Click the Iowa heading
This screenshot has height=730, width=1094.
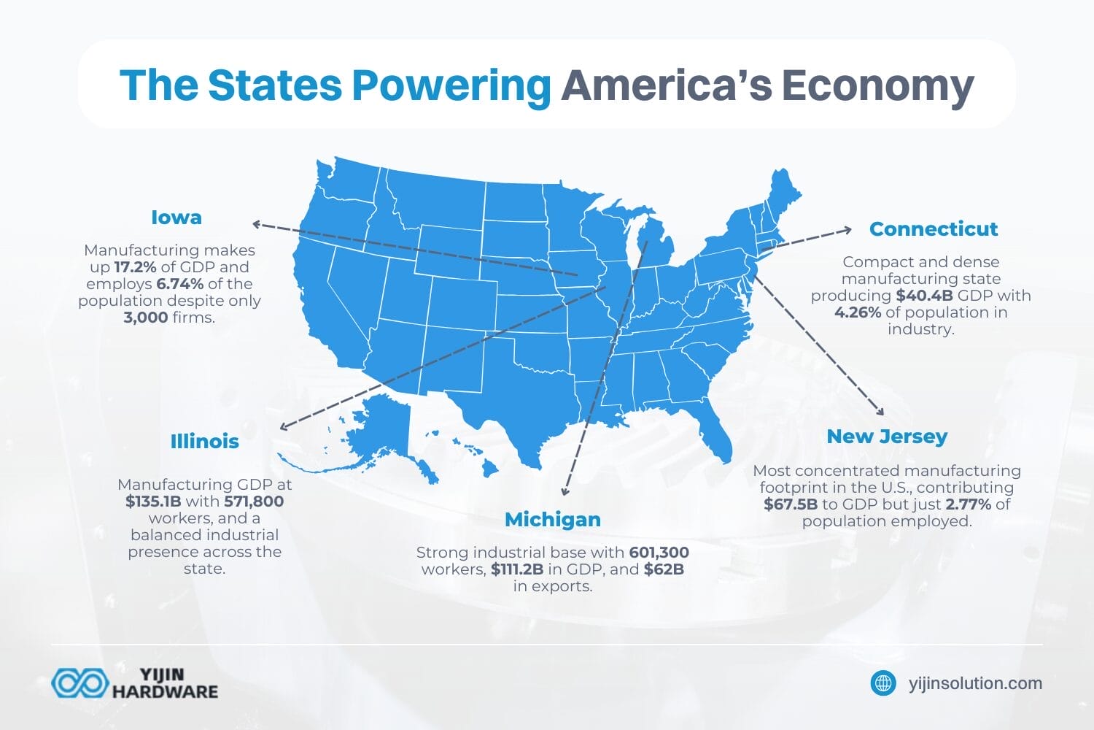[176, 218]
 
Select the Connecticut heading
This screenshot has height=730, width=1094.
[933, 229]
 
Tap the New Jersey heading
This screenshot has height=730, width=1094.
[887, 437]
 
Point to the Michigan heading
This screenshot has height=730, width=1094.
[553, 520]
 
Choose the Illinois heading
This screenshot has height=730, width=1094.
[204, 442]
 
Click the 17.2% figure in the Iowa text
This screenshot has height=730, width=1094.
[135, 267]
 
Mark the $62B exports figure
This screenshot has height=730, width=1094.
[664, 569]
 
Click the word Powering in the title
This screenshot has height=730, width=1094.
[451, 85]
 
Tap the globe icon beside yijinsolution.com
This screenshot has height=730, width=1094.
[884, 683]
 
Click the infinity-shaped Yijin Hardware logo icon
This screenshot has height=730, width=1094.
[79, 683]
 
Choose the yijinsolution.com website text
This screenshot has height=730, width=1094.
[975, 684]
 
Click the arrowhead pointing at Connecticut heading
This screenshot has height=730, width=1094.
[846, 230]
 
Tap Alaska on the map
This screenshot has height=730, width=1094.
[387, 431]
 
